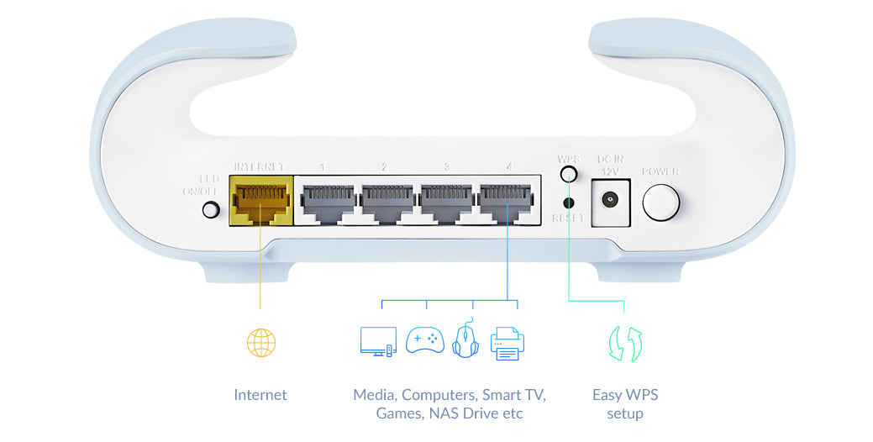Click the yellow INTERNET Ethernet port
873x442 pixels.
(x=260, y=202)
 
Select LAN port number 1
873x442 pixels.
(x=326, y=202)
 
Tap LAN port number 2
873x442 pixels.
(x=386, y=202)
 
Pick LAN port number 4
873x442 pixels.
(x=507, y=202)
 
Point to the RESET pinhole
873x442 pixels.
(x=569, y=203)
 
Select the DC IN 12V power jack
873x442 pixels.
(x=610, y=202)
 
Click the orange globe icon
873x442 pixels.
(x=260, y=342)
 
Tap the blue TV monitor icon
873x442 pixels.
(x=377, y=340)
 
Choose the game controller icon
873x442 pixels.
(x=425, y=339)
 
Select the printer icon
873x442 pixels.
(x=507, y=343)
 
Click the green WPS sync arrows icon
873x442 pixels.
(x=625, y=344)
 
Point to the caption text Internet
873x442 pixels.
(x=260, y=394)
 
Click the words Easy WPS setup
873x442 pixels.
(x=625, y=403)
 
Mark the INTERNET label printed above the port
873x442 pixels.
(x=259, y=166)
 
